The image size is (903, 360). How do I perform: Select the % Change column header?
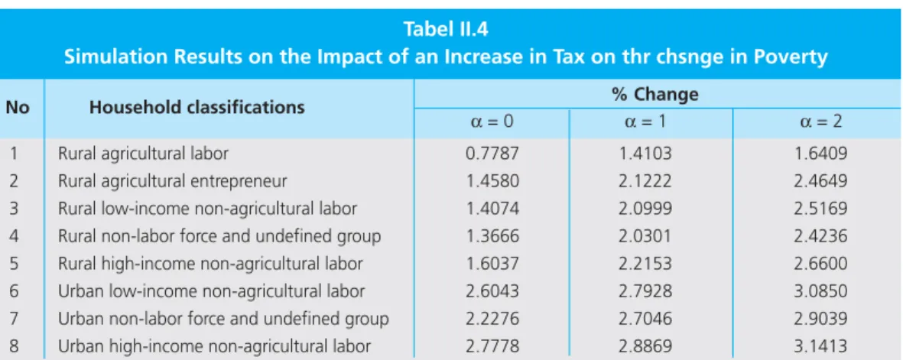655,94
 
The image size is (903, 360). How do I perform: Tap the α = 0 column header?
492,122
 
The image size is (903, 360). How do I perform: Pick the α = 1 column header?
645,122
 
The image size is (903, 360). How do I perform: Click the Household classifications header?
197,107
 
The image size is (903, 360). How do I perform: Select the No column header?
18,107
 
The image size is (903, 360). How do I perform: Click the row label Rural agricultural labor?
144,154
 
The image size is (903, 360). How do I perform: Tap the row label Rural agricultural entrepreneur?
172,181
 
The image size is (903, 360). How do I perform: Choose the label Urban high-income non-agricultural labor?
214,347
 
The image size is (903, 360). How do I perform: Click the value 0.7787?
492,154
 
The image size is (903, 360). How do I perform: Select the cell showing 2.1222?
645,181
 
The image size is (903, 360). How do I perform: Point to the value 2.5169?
820,209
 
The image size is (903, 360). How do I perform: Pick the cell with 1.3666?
492,236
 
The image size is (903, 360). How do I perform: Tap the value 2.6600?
820,264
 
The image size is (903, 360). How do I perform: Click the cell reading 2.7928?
645,291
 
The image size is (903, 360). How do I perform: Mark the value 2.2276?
492,319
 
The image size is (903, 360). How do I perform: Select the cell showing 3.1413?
820,347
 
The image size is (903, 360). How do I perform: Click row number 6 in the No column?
14,291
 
